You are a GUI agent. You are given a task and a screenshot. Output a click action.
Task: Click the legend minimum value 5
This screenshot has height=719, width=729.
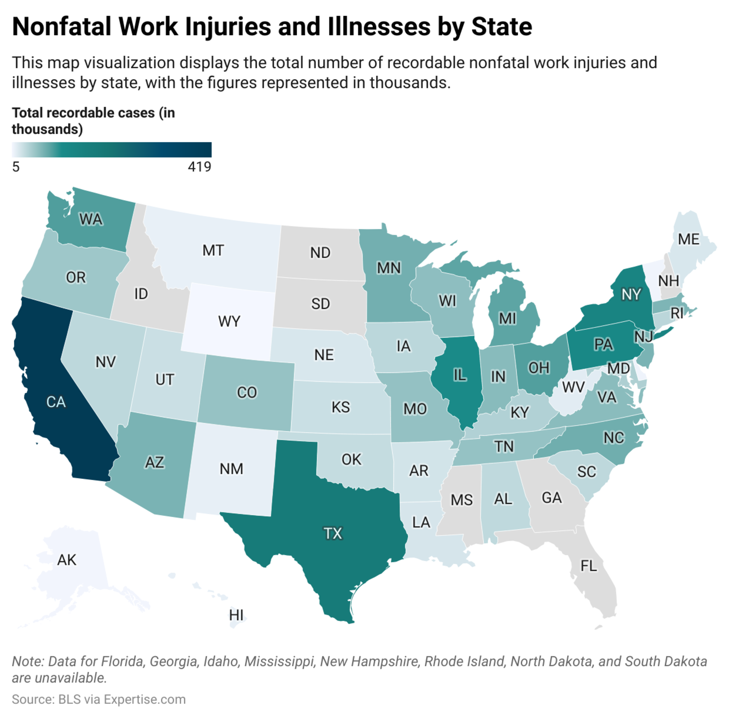coord(16,167)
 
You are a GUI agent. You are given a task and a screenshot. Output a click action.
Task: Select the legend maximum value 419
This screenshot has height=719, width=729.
coord(200,167)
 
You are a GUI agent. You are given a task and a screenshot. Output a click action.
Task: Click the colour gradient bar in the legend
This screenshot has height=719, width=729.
coord(112,150)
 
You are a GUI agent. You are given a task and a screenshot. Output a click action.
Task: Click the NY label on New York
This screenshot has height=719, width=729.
coord(631,294)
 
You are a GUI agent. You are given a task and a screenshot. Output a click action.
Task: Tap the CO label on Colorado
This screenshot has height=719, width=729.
coord(247,393)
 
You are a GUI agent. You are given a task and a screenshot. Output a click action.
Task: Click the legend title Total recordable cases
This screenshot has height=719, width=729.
coord(83,113)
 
